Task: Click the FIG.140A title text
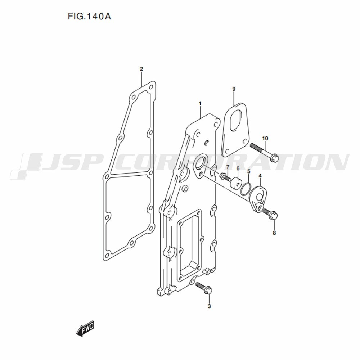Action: tap(89, 16)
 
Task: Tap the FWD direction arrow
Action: tap(85, 328)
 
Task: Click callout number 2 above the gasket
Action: tap(141, 69)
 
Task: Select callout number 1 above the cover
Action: tap(200, 104)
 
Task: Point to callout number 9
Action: tap(234, 89)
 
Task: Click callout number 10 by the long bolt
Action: tap(265, 139)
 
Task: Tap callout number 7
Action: tap(228, 166)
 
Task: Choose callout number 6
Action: tap(238, 168)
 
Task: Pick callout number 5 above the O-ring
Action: tap(249, 171)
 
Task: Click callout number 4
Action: tap(260, 176)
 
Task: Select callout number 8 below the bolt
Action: tap(274, 233)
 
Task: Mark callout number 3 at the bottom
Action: tap(209, 306)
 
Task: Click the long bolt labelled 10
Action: tap(264, 152)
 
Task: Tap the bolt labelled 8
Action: tap(270, 213)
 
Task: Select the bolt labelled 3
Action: tap(204, 288)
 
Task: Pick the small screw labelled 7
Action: tap(225, 177)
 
